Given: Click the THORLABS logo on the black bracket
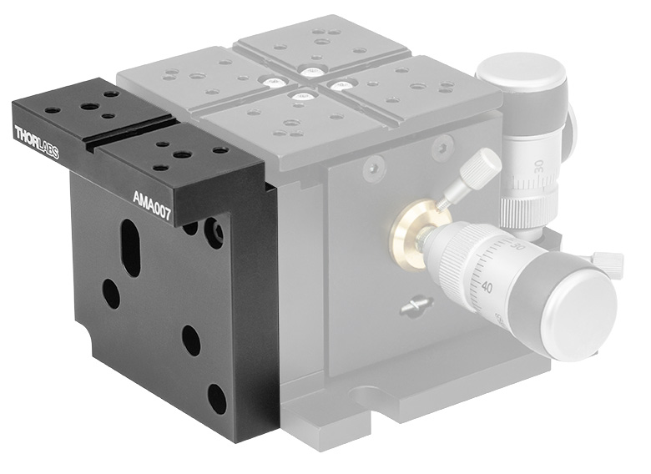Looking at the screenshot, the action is (37, 143).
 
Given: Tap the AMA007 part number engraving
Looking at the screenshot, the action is (152, 206).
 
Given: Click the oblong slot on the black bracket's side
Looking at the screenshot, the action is (131, 247).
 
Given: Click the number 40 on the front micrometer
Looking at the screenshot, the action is (487, 287).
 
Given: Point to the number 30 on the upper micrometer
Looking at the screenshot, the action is (538, 166).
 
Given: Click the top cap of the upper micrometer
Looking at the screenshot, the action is (522, 77).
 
